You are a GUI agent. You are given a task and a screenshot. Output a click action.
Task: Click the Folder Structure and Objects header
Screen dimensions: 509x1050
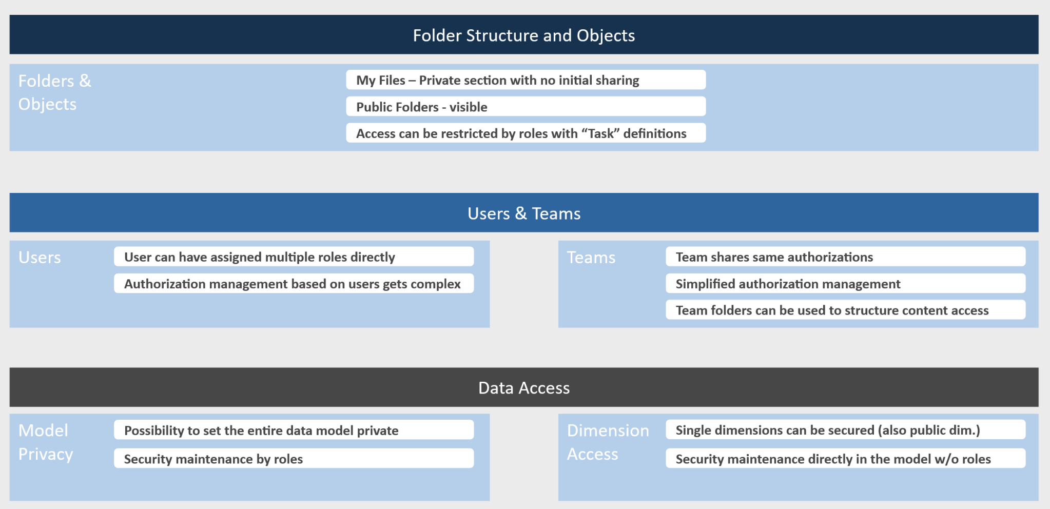coord(523,35)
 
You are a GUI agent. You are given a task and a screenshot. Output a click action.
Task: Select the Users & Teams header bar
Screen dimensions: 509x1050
coord(523,213)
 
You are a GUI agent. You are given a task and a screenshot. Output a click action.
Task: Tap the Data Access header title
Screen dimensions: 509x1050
coord(523,388)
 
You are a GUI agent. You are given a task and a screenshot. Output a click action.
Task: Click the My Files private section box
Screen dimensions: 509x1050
coord(526,80)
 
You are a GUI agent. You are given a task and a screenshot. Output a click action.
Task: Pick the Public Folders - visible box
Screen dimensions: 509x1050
coord(526,107)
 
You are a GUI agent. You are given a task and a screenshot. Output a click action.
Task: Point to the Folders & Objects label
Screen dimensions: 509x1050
coord(54,92)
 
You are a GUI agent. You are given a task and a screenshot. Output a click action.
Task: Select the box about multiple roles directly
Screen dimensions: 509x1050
coord(294,257)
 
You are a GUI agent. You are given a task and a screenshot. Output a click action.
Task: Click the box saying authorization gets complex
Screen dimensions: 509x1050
coord(294,284)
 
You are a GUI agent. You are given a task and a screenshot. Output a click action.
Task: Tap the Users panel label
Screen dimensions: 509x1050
coord(40,258)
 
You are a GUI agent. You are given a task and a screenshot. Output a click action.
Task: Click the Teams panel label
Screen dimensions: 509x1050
coord(591,258)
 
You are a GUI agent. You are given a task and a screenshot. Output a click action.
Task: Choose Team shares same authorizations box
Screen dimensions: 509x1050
coord(845,257)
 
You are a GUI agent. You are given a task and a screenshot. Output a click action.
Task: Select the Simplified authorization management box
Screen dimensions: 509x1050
coord(845,284)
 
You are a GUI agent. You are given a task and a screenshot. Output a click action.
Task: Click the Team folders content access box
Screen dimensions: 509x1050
coord(845,310)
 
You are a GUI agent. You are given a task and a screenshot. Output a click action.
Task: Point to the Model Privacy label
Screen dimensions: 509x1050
coord(45,442)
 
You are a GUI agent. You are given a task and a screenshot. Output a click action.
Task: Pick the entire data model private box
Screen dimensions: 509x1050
coord(294,430)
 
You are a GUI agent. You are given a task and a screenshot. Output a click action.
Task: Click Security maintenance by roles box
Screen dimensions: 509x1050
coord(294,459)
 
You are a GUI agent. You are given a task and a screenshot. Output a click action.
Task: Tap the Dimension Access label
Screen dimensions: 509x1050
coord(608,442)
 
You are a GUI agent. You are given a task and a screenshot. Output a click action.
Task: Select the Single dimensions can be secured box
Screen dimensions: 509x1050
coord(845,430)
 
